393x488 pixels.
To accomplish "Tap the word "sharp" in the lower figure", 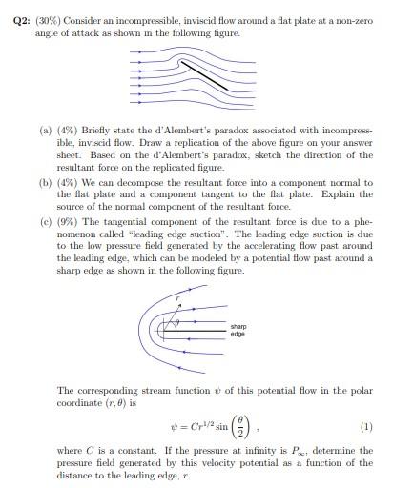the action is click(238, 327).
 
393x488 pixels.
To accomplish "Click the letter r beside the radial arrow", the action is click(178, 300).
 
